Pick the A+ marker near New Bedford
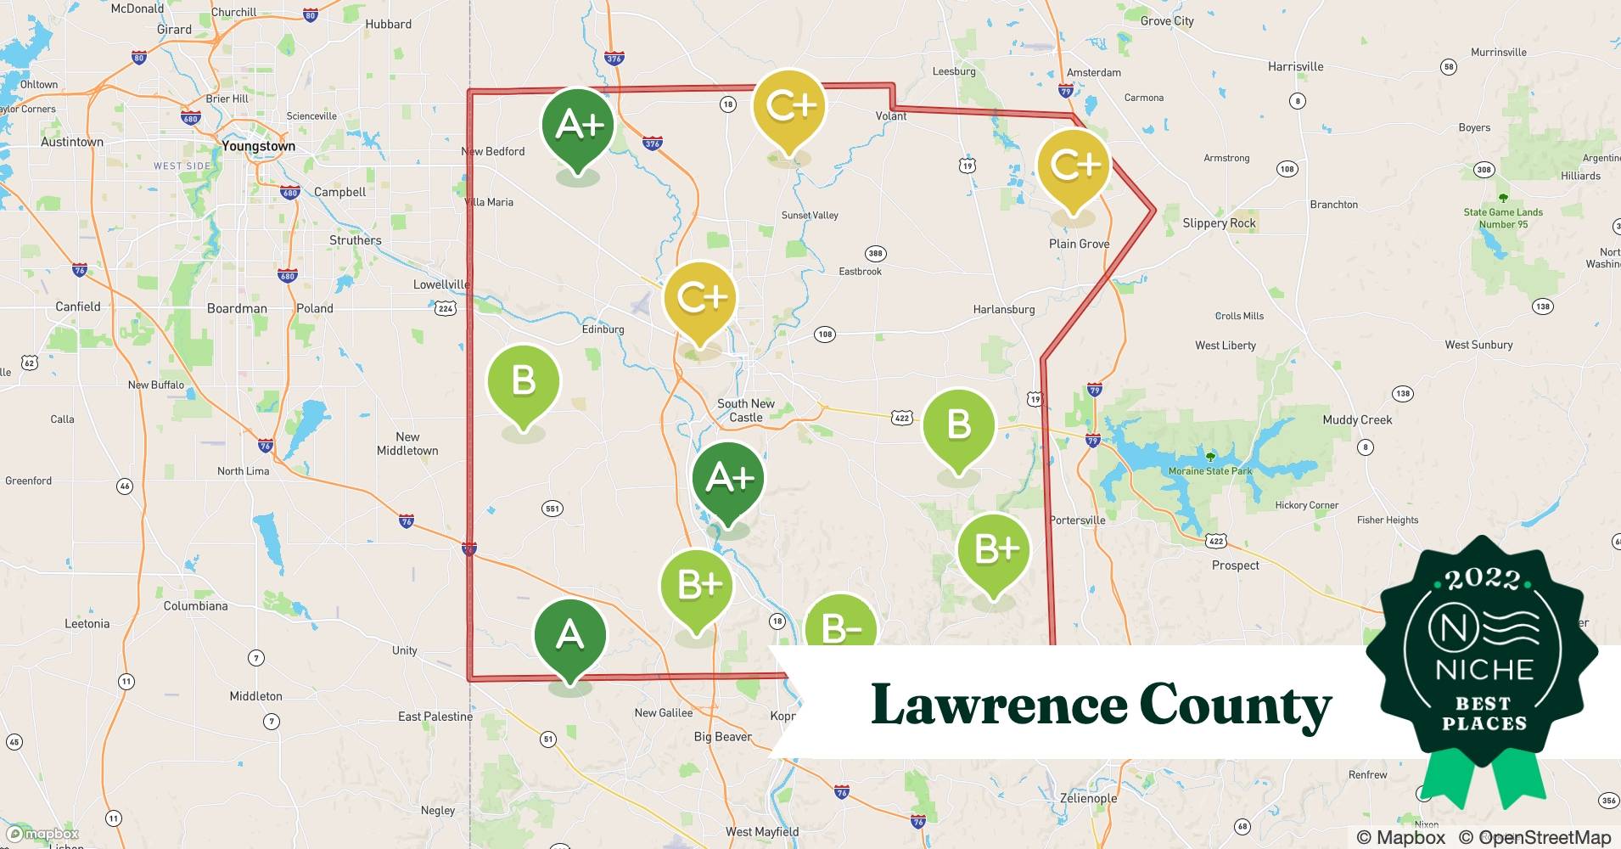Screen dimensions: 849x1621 (x=578, y=126)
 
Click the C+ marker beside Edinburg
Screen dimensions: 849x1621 (x=700, y=298)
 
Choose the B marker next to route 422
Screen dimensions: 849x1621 (x=958, y=424)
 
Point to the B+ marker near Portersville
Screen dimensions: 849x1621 (x=994, y=550)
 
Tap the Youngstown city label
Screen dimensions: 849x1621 (x=258, y=146)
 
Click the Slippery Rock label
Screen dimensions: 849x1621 (x=1219, y=223)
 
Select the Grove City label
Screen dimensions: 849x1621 (x=1166, y=21)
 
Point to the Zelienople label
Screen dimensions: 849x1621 (x=1088, y=798)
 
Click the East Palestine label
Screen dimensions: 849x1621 (x=435, y=717)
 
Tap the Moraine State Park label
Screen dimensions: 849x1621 (x=1209, y=471)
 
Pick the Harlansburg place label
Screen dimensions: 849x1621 (x=1003, y=310)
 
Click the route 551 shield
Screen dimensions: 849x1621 (x=552, y=509)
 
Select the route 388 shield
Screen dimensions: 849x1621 (x=875, y=254)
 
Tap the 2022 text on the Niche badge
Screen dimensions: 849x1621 (x=1482, y=580)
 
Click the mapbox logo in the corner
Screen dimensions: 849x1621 (x=42, y=834)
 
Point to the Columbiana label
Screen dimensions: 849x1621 (x=195, y=606)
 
